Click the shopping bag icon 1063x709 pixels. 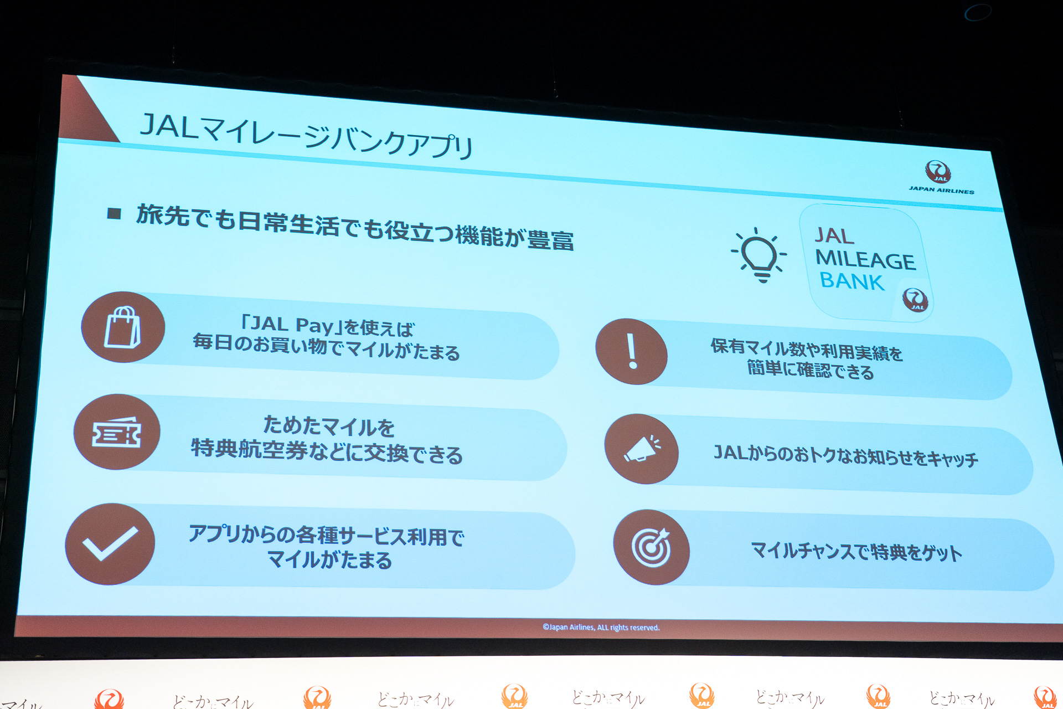(x=122, y=327)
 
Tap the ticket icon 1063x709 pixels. (x=116, y=432)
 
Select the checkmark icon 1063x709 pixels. (x=110, y=544)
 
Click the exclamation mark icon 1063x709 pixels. (x=632, y=352)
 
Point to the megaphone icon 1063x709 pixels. (x=641, y=449)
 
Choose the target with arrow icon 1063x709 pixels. (x=652, y=547)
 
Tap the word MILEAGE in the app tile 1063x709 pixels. (x=865, y=260)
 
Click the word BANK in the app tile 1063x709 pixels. (x=852, y=281)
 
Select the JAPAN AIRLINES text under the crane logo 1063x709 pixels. (x=941, y=190)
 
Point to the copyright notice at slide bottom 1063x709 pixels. (x=601, y=628)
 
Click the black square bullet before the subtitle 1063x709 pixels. (x=114, y=213)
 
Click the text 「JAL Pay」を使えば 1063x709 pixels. (x=328, y=326)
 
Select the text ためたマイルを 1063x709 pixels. (x=329, y=427)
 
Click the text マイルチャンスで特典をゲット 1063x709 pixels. (x=856, y=552)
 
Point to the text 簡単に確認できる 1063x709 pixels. (x=811, y=370)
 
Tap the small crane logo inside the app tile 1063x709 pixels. (x=915, y=300)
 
